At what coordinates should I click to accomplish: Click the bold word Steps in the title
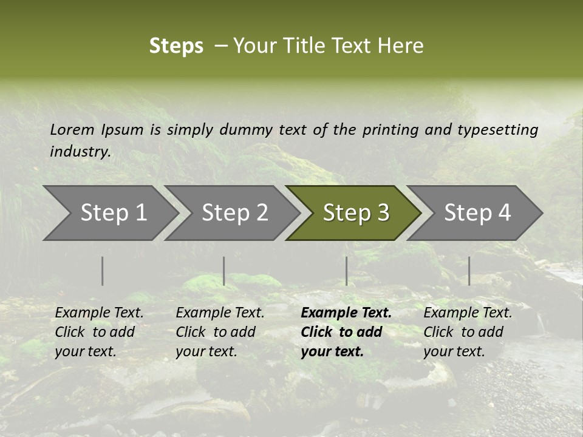tap(176, 46)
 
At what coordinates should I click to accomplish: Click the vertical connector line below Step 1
tap(103, 271)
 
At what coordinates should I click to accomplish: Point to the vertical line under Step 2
tap(224, 271)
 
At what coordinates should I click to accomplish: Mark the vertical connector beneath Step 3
tap(346, 271)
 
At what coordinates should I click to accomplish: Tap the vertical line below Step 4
tap(469, 271)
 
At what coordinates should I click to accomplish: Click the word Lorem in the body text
tap(72, 129)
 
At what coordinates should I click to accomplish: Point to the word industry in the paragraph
tap(80, 152)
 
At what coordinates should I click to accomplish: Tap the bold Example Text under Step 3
tap(346, 313)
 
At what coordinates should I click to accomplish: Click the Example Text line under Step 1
tap(99, 313)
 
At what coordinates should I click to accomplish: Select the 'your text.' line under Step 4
tap(454, 352)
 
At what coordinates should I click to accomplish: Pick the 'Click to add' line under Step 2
tap(216, 333)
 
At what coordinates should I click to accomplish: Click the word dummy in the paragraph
tap(246, 130)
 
